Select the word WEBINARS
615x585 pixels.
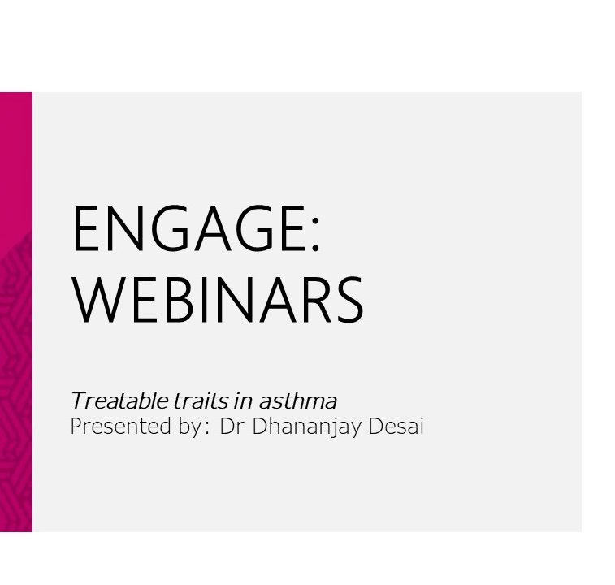(217, 299)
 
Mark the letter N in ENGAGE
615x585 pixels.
(124, 228)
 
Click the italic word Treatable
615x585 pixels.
(119, 401)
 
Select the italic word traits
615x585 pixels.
(201, 401)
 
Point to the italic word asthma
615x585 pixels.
(297, 401)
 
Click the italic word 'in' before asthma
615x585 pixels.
(243, 401)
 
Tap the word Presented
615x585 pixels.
(121, 426)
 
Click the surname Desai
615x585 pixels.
(396, 426)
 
